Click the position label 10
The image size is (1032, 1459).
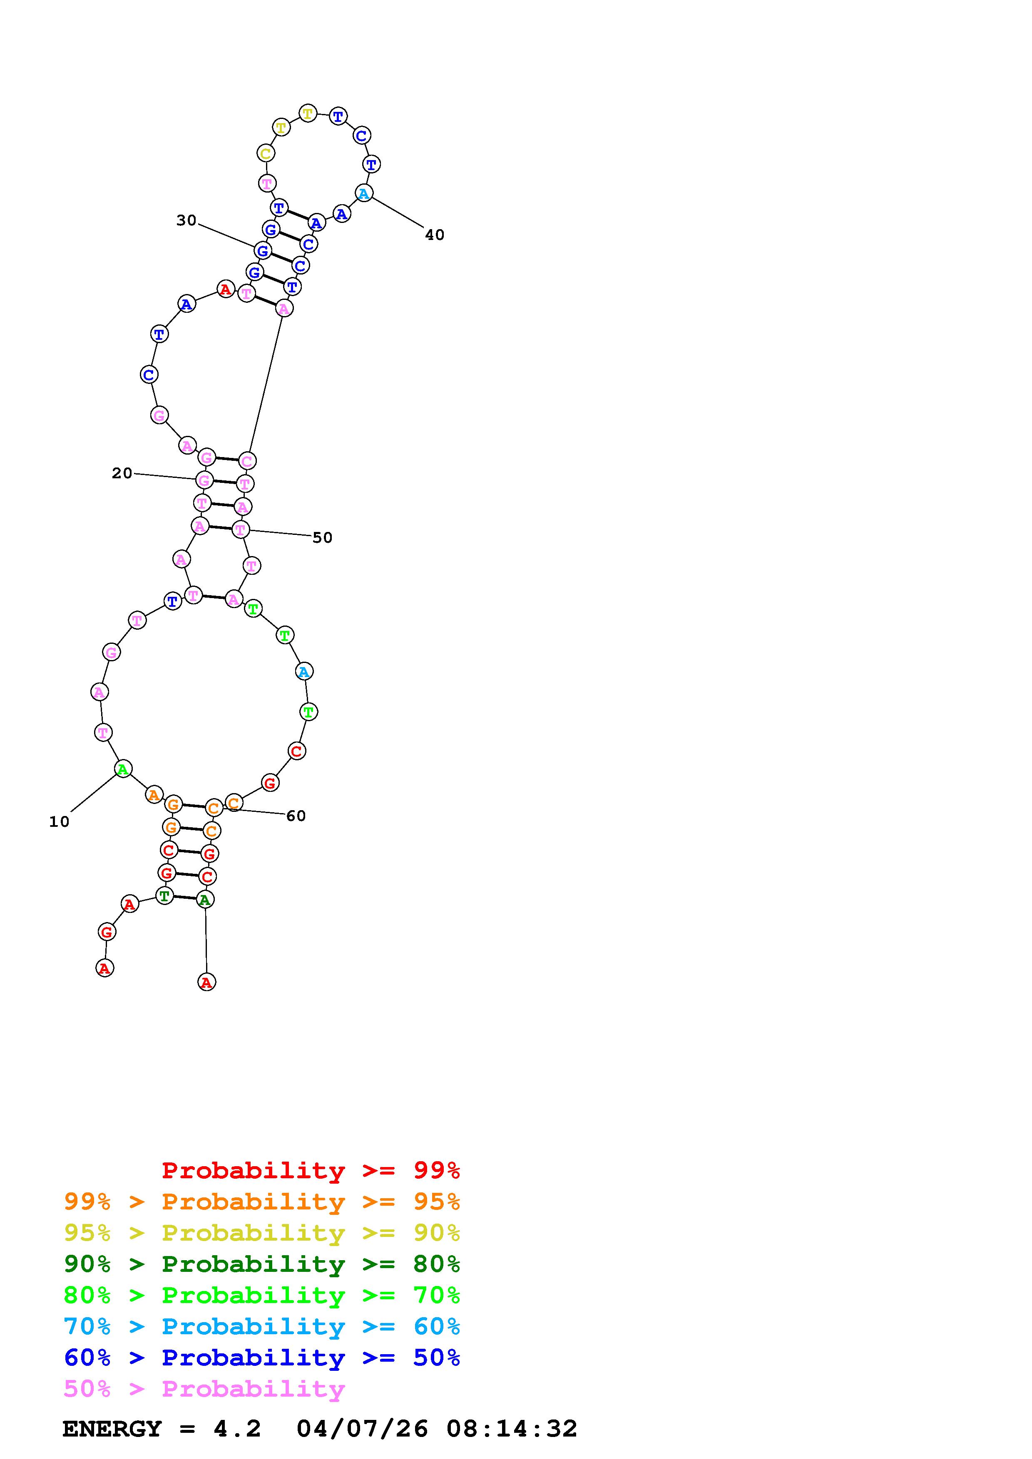(59, 822)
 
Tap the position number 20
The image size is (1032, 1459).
(122, 473)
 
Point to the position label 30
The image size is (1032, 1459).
(187, 220)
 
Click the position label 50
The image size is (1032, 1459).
(322, 538)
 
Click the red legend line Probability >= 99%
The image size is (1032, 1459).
(311, 1170)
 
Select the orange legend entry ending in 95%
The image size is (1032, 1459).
(262, 1201)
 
